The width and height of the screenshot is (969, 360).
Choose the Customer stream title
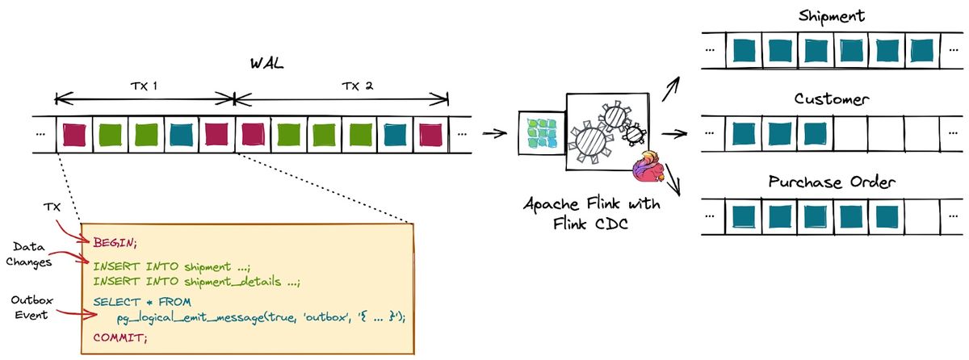pyautogui.click(x=831, y=99)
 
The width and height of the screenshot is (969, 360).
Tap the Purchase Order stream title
pyautogui.click(x=831, y=182)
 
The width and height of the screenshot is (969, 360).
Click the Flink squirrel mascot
pyautogui.click(x=649, y=168)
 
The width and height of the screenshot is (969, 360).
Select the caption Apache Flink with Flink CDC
pyautogui.click(x=591, y=213)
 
